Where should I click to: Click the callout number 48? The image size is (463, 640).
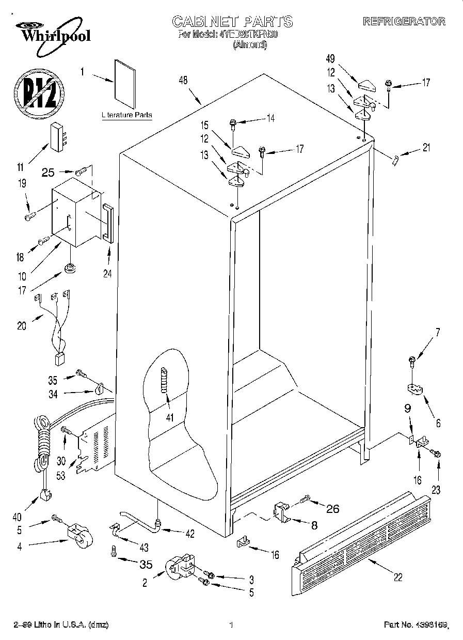click(183, 80)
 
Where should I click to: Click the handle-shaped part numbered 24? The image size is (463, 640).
click(107, 223)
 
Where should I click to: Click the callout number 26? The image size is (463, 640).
click(332, 509)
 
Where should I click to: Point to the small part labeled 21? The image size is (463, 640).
click(394, 160)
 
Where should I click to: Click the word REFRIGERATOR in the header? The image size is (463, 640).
click(404, 21)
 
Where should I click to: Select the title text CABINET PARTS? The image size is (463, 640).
click(232, 21)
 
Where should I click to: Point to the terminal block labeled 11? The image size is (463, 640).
click(58, 138)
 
